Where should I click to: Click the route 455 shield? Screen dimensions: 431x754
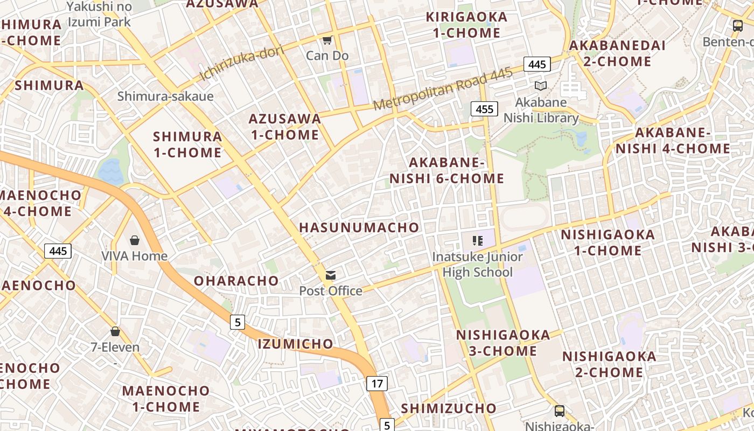pyautogui.click(x=484, y=109)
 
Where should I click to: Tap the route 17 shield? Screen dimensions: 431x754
pyautogui.click(x=377, y=384)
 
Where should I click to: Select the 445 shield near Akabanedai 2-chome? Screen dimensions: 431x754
pyautogui.click(x=537, y=65)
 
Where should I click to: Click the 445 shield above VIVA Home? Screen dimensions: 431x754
pyautogui.click(x=58, y=251)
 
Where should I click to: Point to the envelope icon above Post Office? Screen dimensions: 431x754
pyautogui.click(x=330, y=275)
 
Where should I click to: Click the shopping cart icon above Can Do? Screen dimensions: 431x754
pyautogui.click(x=327, y=40)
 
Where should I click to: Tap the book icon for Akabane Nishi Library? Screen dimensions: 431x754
pyautogui.click(x=540, y=86)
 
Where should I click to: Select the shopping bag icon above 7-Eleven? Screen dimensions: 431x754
pyautogui.click(x=115, y=331)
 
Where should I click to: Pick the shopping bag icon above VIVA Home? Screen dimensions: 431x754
pyautogui.click(x=134, y=240)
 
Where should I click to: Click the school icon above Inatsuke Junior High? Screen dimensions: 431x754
pyautogui.click(x=477, y=241)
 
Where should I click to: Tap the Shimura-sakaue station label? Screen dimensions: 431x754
pyautogui.click(x=165, y=96)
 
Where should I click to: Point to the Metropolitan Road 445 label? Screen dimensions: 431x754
pyautogui.click(x=443, y=89)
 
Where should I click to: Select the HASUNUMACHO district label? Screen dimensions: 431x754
pyautogui.click(x=359, y=227)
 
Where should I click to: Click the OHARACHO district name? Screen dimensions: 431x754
pyautogui.click(x=236, y=281)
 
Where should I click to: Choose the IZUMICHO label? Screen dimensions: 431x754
pyautogui.click(x=295, y=344)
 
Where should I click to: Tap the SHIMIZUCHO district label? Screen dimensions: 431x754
pyautogui.click(x=448, y=408)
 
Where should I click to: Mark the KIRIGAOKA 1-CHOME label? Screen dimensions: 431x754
pyautogui.click(x=466, y=25)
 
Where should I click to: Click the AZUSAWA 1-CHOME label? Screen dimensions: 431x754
pyautogui.click(x=285, y=127)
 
